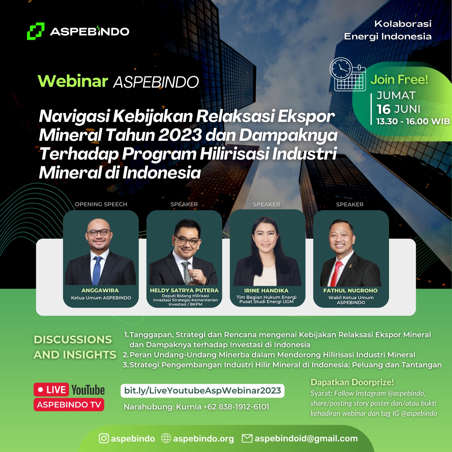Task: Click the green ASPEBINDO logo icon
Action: coord(36,31)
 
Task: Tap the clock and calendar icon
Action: coord(348,74)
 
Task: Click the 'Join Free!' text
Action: coord(399,80)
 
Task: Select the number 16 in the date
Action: coord(384,109)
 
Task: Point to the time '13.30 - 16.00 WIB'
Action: coord(413,121)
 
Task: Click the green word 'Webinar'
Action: coord(73,81)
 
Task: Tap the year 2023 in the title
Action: coord(180,135)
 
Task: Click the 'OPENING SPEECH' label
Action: coord(101,204)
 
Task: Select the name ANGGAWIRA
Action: coord(100,290)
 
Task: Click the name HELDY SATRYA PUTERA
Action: coord(184,290)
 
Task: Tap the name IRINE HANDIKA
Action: coord(266,290)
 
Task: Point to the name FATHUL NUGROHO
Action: coord(350,290)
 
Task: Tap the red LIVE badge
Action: coord(51,390)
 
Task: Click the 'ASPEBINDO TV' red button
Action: coord(69,405)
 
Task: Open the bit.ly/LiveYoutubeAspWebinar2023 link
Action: coord(203,391)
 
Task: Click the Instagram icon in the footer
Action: coord(104,438)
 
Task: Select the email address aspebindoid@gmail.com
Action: coord(306,438)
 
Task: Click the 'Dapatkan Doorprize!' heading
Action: coord(352,382)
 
